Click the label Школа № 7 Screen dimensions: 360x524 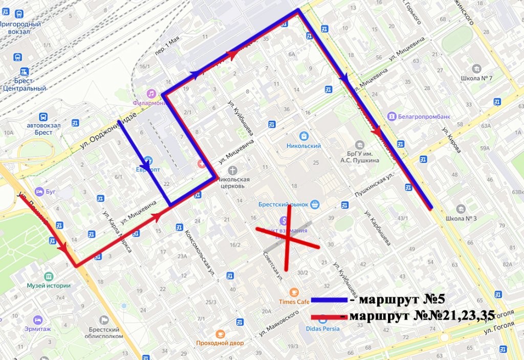[476, 78]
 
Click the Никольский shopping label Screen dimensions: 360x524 [303, 146]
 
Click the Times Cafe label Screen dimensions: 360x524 [294, 301]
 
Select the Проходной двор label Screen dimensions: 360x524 [220, 343]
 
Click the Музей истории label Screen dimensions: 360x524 [48, 285]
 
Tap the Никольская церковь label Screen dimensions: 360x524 [233, 183]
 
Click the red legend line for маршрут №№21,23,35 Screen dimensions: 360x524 [327, 317]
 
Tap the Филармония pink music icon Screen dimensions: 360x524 [151, 94]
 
